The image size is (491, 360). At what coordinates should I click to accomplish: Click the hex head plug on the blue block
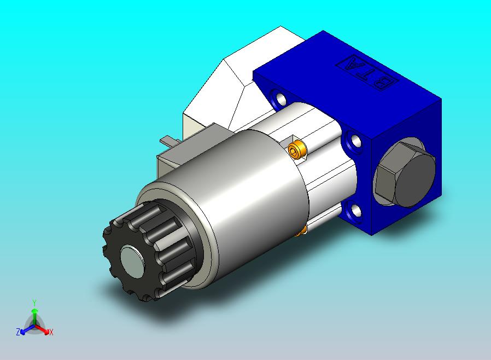coord(406,174)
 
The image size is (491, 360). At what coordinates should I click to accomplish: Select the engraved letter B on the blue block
coord(384,83)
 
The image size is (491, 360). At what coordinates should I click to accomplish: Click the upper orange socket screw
coord(296,150)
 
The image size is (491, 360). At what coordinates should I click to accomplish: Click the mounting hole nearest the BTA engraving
coord(279,97)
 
